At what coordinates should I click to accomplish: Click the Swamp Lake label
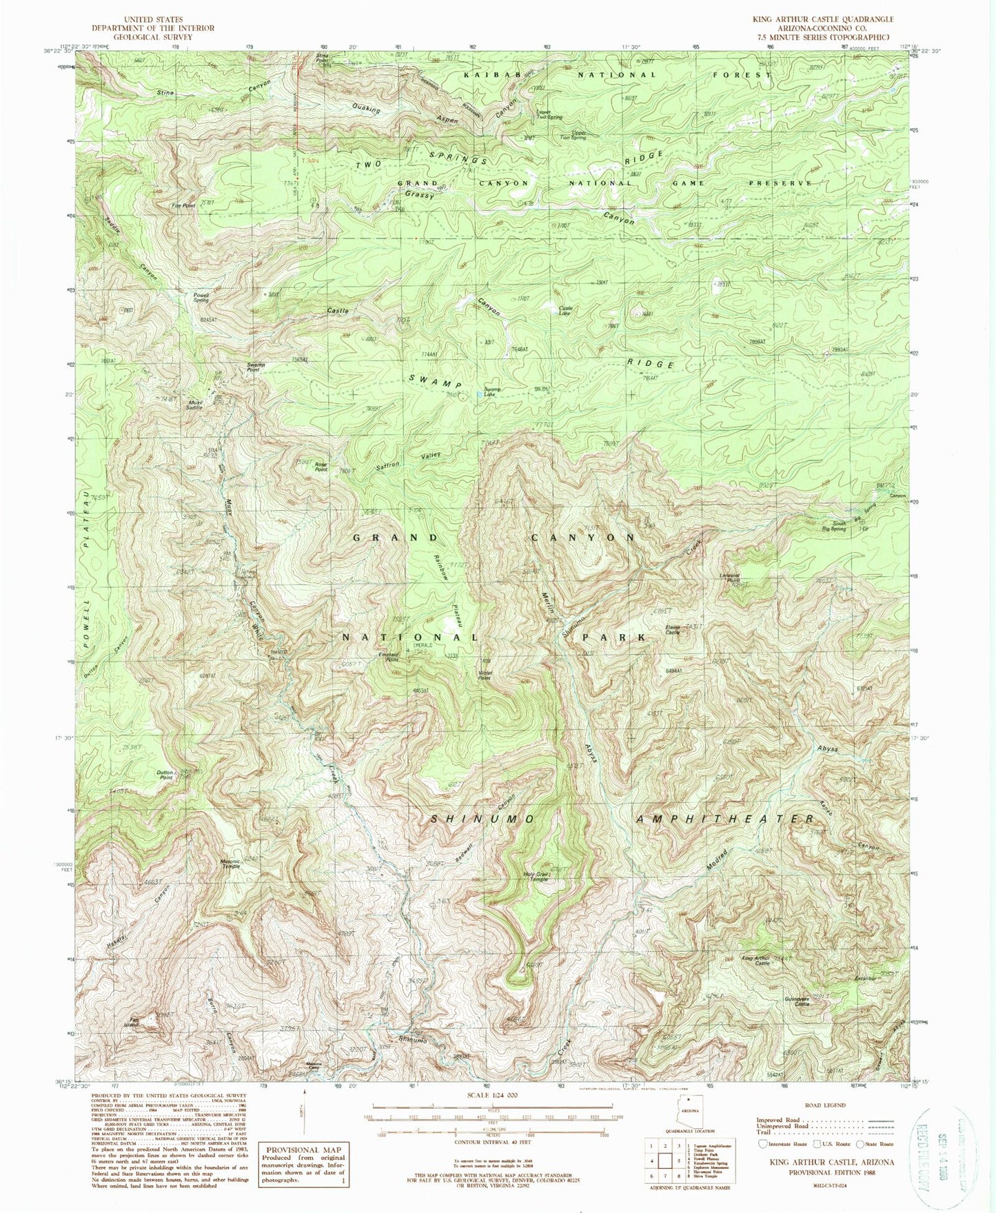click(x=492, y=391)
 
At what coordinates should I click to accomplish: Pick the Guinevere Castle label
click(x=795, y=1001)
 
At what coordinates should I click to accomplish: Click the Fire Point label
click(x=184, y=205)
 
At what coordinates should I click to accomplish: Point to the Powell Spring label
click(x=201, y=298)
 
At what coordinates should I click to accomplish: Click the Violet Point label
click(x=485, y=676)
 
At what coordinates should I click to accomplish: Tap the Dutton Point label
click(x=165, y=775)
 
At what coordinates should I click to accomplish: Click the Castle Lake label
click(x=565, y=311)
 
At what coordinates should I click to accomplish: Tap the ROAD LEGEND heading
click(x=823, y=1105)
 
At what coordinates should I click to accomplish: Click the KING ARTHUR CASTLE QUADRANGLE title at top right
click(x=833, y=19)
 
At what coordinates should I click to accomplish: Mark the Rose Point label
click(x=321, y=467)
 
